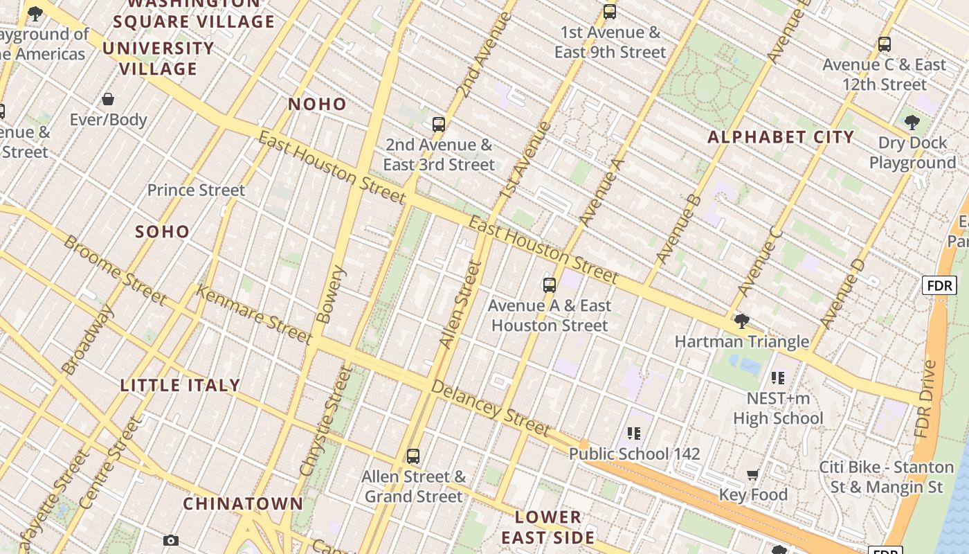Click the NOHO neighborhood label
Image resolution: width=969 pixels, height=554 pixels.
pos(317,105)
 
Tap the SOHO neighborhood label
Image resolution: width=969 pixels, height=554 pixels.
pos(163,232)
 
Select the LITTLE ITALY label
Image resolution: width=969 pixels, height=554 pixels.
pos(180,386)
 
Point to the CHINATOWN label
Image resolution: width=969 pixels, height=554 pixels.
pos(243,503)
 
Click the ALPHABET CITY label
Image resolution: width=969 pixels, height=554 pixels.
pos(781,137)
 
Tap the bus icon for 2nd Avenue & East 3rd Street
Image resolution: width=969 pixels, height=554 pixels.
pos(438,125)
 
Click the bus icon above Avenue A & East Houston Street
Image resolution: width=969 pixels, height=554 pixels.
pos(550,285)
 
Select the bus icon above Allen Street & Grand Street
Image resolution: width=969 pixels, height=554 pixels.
pos(413,456)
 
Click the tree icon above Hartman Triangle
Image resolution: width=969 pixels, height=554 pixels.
pos(741,321)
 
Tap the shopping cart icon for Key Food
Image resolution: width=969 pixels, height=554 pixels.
pos(752,475)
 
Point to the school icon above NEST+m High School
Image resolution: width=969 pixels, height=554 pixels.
pos(778,378)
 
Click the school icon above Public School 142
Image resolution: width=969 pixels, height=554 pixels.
pos(633,434)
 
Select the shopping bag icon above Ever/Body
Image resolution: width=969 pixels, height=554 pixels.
pos(108,100)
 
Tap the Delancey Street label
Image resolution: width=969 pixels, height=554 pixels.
pos(491,407)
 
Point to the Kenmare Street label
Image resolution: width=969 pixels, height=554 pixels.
pos(253,314)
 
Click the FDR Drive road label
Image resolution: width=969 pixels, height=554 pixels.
pos(925,399)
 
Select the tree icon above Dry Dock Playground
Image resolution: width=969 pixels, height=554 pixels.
pos(912,123)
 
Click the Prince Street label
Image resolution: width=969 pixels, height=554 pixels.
pos(196,190)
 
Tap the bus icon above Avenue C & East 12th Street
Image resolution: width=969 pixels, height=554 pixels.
pos(884,44)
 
